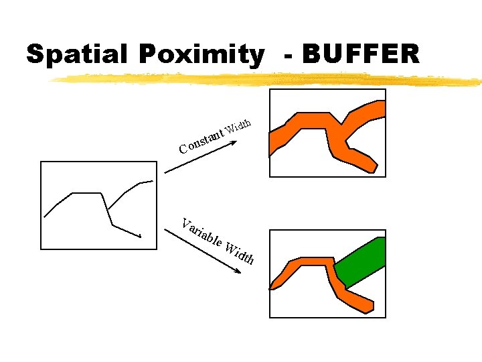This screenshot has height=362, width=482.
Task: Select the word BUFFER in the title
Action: point(361,54)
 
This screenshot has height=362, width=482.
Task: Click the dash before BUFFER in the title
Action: point(288,55)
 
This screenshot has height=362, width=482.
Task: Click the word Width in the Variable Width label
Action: point(240,253)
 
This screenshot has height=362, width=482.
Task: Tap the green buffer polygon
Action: point(360,263)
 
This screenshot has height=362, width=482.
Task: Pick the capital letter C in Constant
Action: point(183,147)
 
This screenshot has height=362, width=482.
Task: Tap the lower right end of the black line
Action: point(140,236)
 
